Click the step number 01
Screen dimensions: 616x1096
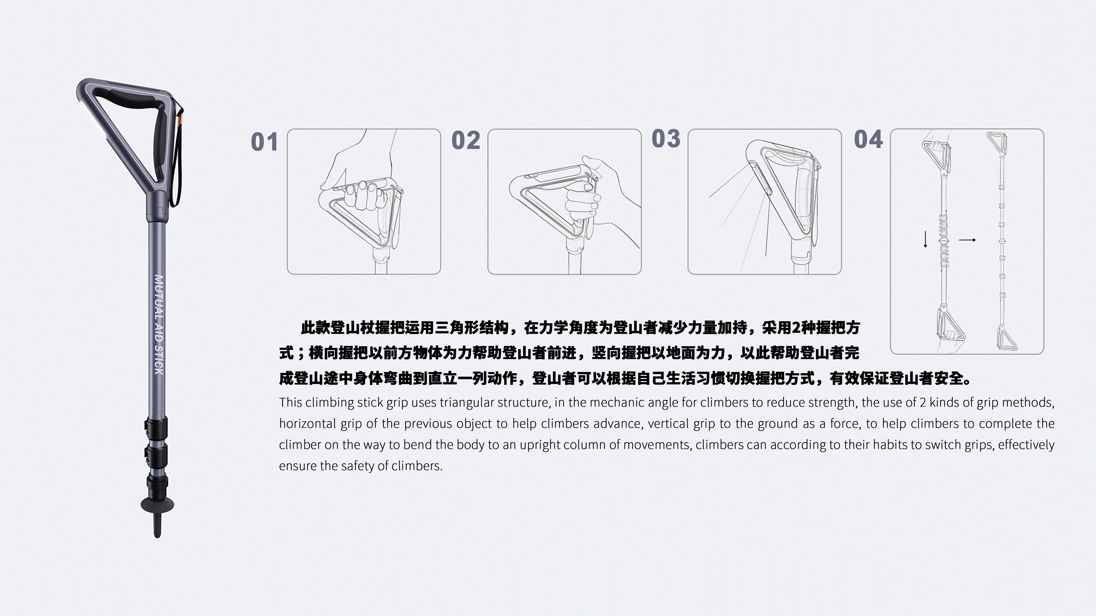[264, 142]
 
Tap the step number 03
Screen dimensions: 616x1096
[666, 138]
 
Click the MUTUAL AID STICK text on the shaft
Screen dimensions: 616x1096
[158, 325]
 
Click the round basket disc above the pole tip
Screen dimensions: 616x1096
[157, 505]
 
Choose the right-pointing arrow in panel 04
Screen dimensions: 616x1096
[967, 240]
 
